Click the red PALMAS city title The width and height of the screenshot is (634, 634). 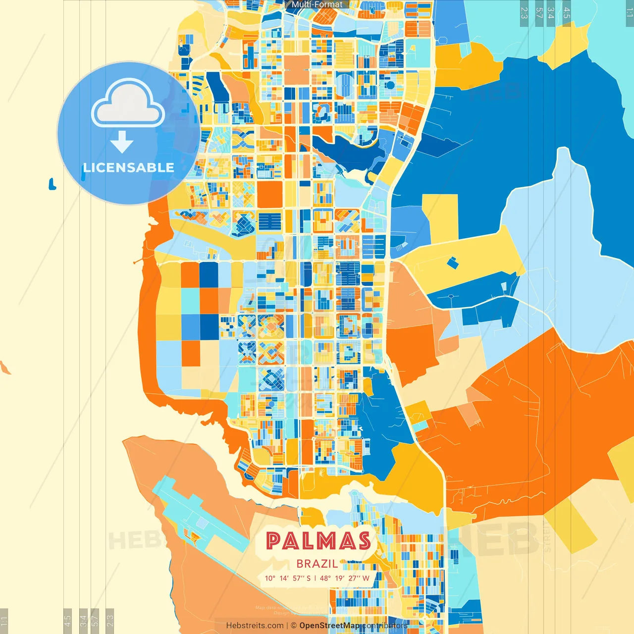tap(318, 541)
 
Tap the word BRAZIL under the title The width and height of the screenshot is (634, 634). tap(317, 564)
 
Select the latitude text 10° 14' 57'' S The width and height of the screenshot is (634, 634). tap(288, 578)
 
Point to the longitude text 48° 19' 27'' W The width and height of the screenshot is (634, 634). tap(345, 578)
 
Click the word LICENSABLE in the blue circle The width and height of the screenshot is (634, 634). tap(128, 167)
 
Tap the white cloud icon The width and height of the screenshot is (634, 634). tap(128, 103)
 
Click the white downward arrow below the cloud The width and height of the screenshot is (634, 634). tap(122, 142)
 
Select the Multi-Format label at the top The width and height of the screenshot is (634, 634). tap(317, 4)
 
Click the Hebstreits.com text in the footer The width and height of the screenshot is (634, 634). tap(255, 626)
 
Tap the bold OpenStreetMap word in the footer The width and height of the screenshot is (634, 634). tap(329, 626)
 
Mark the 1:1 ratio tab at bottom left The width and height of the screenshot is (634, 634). tap(4, 621)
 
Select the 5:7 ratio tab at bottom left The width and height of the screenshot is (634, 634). tap(95, 621)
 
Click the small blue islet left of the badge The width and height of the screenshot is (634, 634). tap(52, 184)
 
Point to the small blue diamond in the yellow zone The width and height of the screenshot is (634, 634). tap(453, 263)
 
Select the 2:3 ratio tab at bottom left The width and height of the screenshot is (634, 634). tap(109, 621)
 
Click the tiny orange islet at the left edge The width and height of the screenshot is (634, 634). tap(5, 368)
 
